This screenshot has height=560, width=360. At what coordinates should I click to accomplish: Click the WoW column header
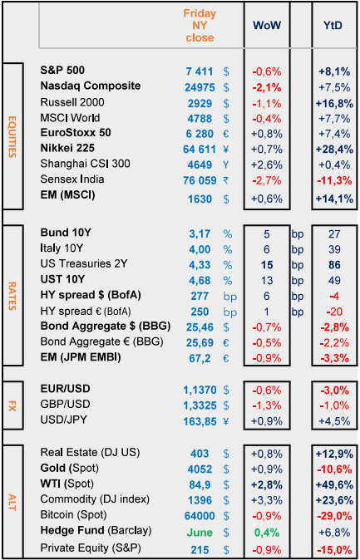267,25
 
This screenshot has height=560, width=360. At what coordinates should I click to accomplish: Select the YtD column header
334,25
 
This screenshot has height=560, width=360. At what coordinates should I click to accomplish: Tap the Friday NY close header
200,26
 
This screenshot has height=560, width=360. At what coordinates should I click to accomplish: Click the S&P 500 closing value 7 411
200,71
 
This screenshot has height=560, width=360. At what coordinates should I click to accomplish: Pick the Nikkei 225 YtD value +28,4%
334,149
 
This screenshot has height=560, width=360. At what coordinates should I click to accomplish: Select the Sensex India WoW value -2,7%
267,180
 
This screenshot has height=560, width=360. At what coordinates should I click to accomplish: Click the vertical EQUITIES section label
12,136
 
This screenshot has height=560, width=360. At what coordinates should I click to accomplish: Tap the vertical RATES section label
12,295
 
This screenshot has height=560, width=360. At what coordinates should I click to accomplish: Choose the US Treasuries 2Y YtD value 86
334,265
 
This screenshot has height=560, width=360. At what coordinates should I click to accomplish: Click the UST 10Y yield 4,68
200,280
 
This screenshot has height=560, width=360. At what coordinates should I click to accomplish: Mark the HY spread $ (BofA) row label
90,296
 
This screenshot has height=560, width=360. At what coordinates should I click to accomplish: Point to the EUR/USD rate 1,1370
200,391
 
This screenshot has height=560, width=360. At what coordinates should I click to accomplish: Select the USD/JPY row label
63,420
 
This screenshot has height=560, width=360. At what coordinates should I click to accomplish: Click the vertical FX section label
12,406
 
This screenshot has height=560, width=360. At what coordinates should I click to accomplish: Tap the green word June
200,532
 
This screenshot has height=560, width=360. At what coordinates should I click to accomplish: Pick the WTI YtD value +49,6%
334,484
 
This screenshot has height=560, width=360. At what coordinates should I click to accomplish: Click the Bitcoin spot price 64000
200,516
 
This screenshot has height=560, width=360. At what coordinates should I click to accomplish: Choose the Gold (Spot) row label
69,468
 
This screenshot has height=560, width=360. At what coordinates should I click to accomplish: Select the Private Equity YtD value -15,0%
334,548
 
